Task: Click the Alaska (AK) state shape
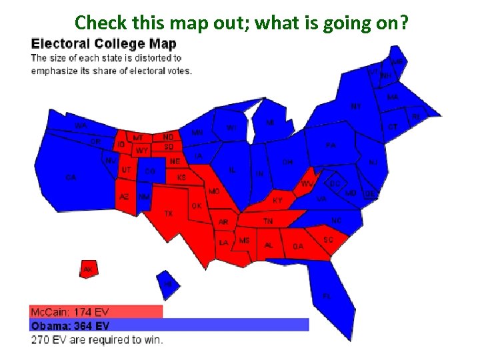88,269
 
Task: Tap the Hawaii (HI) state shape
168,284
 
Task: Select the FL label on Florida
327,295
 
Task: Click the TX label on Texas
169,213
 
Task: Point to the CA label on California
71,177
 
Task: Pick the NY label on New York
356,106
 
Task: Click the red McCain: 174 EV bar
96,311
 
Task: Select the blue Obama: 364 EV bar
169,325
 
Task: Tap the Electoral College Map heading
104,45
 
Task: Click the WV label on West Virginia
307,183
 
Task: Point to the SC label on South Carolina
328,239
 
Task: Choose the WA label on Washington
81,125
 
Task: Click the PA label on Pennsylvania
331,145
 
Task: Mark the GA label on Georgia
298,246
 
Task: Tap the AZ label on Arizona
124,197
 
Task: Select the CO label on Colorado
151,171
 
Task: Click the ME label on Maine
397,61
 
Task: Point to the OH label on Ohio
287,162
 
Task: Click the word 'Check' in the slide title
96,23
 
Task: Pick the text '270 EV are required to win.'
97,340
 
